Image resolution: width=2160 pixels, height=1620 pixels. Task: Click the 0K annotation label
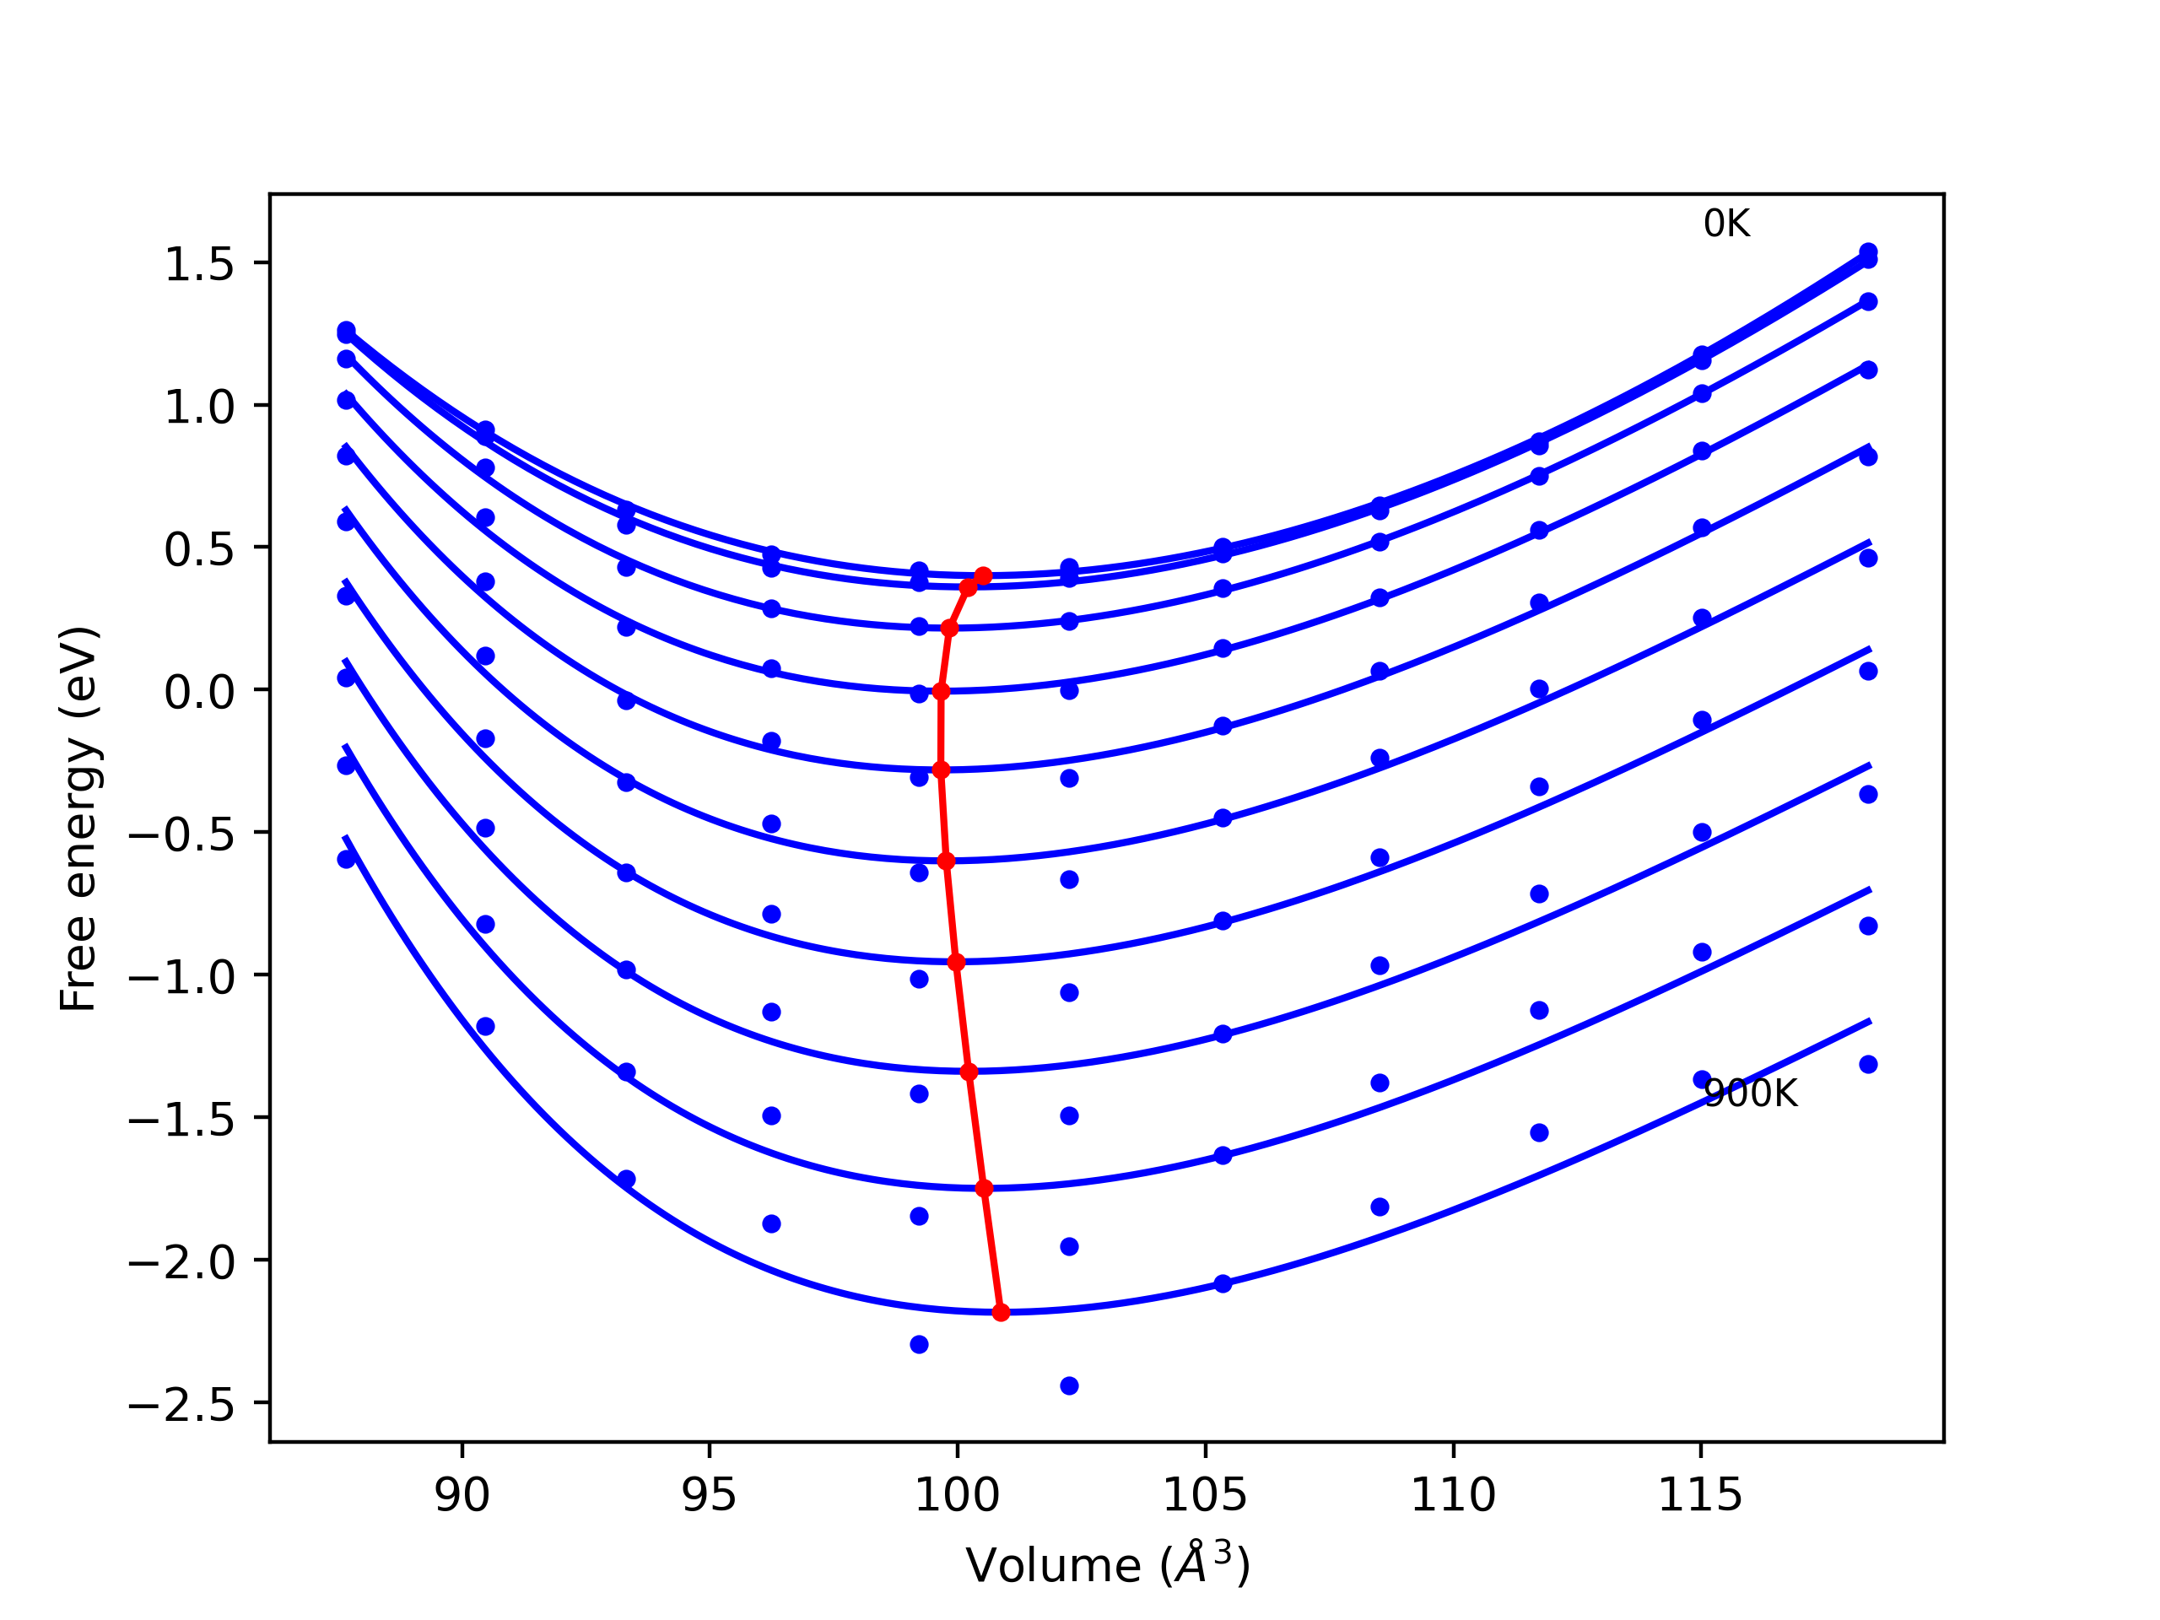click(x=1725, y=224)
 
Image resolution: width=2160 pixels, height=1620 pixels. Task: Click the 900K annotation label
click(x=1750, y=1093)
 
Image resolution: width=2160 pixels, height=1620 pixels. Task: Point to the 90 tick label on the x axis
click(x=462, y=1495)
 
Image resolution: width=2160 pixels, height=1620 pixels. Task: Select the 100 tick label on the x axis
click(x=956, y=1495)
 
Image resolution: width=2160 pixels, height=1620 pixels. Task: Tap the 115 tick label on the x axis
click(x=1700, y=1495)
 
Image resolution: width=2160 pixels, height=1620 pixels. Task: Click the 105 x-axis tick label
click(x=1204, y=1495)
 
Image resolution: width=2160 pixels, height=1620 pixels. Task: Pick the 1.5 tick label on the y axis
click(x=199, y=265)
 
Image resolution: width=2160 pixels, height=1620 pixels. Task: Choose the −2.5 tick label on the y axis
click(x=181, y=1404)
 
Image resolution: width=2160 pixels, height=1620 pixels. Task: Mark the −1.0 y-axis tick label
click(x=181, y=976)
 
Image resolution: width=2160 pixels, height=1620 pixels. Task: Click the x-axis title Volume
click(x=1107, y=1565)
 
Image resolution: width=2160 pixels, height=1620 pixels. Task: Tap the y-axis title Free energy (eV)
click(x=78, y=818)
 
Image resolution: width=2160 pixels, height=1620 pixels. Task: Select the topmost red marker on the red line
click(x=983, y=576)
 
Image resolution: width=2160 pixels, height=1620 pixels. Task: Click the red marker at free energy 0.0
click(x=942, y=691)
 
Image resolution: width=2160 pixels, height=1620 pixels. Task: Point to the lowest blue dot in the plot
click(x=1069, y=1385)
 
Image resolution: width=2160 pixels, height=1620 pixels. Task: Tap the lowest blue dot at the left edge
click(x=347, y=859)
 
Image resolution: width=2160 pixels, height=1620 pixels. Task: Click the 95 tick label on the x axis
click(x=709, y=1495)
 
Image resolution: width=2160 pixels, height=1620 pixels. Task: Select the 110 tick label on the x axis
click(x=1453, y=1495)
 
